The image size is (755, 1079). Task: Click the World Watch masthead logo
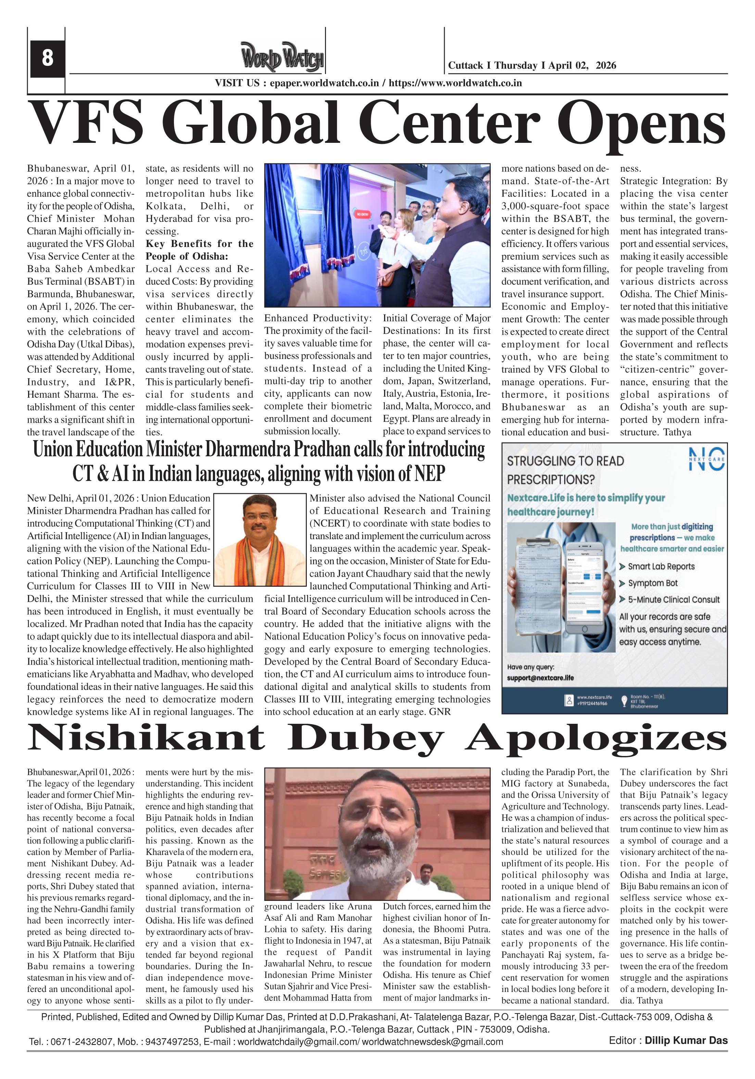point(282,57)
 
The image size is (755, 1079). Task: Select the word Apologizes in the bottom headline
point(596,738)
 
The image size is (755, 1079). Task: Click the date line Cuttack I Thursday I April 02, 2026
point(532,65)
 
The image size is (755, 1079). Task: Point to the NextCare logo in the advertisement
point(706,459)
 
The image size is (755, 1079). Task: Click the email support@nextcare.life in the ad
point(540,678)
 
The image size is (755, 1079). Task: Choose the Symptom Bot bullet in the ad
point(653,583)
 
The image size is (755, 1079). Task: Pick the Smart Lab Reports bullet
point(660,566)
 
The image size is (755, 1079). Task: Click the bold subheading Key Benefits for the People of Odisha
point(199,250)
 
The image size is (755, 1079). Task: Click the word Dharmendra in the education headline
point(249,450)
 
